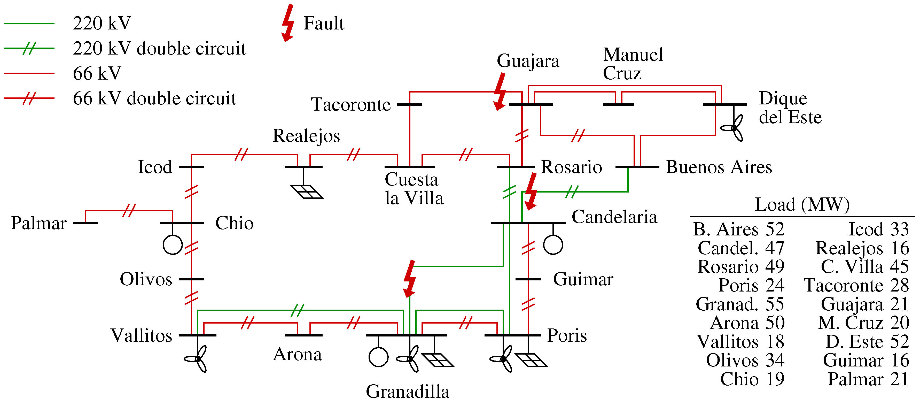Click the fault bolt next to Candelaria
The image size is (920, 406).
(x=531, y=191)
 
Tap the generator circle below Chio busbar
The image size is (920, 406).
(x=173, y=245)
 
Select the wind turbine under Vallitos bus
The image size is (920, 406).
(x=197, y=358)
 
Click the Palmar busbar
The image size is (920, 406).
(x=85, y=223)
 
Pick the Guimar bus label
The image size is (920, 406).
(x=583, y=279)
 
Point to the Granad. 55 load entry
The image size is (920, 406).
(x=740, y=304)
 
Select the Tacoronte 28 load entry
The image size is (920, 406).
(x=856, y=285)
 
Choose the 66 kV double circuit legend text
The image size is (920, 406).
(x=154, y=98)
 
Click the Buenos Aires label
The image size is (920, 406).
(x=719, y=167)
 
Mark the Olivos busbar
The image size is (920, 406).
(x=191, y=279)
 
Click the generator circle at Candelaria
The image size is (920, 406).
(x=553, y=245)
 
